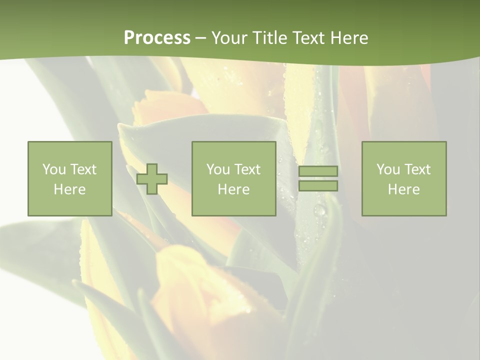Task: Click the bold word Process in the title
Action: [x=157, y=38]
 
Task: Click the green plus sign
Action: [x=152, y=179]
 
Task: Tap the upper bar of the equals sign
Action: [x=318, y=171]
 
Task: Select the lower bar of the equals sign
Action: [x=318, y=186]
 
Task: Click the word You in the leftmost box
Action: [x=54, y=169]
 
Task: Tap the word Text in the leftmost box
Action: [x=82, y=169]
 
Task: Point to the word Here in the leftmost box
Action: [x=69, y=189]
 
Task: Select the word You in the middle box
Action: [x=218, y=169]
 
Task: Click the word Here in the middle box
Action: [x=233, y=189]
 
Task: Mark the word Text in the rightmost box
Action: [x=416, y=169]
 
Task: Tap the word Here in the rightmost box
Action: [x=403, y=189]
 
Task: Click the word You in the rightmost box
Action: [x=388, y=169]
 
